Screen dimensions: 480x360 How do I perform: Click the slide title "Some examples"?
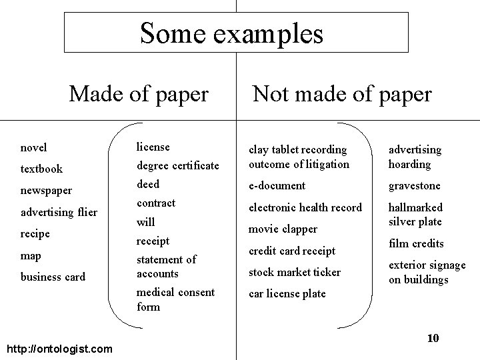tap(231, 33)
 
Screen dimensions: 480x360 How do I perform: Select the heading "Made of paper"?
tap(139, 94)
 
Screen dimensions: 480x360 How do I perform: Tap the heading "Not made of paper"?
tap(341, 94)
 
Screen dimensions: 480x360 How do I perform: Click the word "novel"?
tap(34, 147)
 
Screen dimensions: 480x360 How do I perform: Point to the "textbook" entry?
tap(41, 169)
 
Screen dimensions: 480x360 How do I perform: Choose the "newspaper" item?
tap(47, 191)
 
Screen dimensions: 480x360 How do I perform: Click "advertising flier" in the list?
tap(59, 213)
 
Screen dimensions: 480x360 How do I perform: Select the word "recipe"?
tap(35, 234)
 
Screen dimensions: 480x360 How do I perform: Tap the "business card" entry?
tap(53, 277)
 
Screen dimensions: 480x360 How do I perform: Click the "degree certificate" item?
tap(177, 165)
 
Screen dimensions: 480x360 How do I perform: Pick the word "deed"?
tap(148, 184)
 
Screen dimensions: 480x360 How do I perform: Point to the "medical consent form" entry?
tap(175, 299)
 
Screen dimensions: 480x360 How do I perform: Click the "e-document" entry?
tap(277, 185)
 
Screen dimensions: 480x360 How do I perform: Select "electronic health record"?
tap(305, 207)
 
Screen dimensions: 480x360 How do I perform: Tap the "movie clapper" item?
tap(283, 229)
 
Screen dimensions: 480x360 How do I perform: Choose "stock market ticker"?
tap(294, 272)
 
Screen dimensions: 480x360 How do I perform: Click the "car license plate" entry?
tap(287, 293)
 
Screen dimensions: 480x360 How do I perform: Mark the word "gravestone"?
tap(414, 185)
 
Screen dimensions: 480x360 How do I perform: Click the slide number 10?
tap(433, 339)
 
